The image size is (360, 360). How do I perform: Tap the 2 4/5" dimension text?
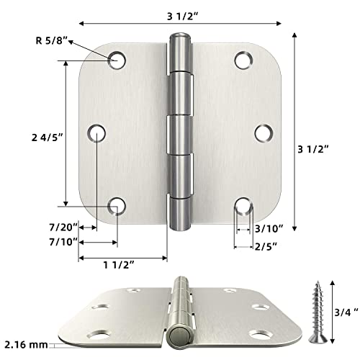pyautogui.click(x=45, y=135)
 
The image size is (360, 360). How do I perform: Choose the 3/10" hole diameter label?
pyautogui.click(x=269, y=228)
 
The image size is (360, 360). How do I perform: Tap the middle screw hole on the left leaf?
pyautogui.click(x=98, y=133)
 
